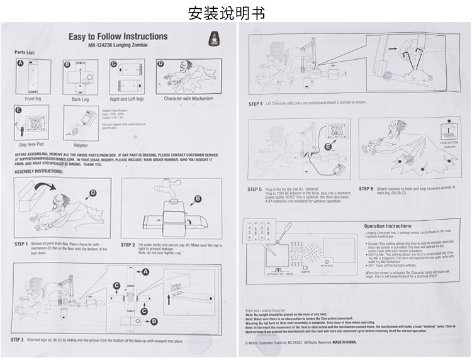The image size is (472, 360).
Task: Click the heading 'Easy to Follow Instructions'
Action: tap(118, 37)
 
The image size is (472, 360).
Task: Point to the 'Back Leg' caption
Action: tap(80, 99)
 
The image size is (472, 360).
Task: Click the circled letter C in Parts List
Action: tap(115, 64)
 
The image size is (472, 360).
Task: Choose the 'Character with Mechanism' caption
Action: tap(188, 98)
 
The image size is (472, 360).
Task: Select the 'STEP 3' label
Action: tap(18, 339)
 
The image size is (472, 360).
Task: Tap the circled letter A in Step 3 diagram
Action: tap(145, 271)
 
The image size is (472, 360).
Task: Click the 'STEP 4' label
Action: tap(256, 103)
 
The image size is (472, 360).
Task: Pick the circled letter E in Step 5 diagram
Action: tap(327, 147)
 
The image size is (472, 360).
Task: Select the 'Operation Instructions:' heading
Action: tap(388, 225)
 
